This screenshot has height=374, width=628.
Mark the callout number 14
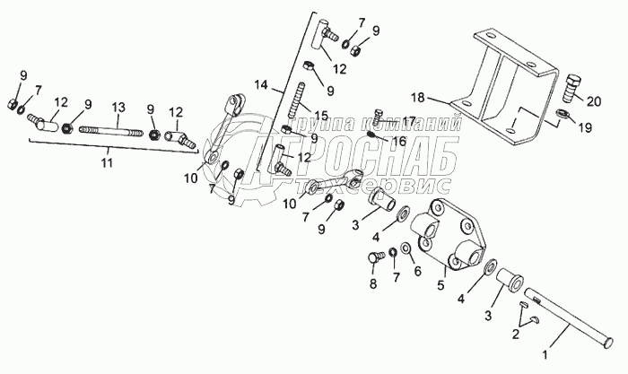click(x=262, y=85)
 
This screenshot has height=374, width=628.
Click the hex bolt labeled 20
click(x=573, y=91)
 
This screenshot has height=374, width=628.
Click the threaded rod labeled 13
click(x=112, y=132)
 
